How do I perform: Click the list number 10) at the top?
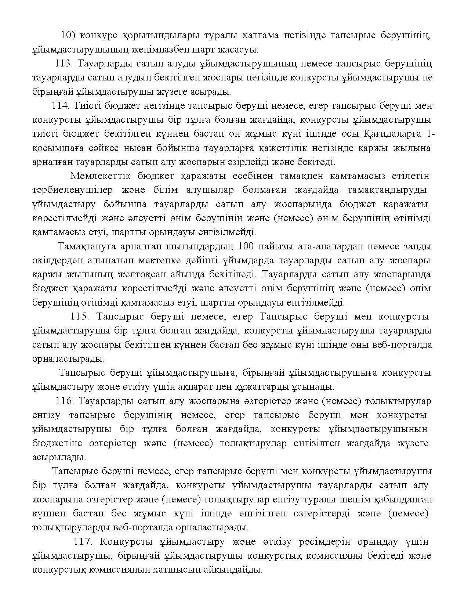68,35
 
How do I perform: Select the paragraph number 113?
65,64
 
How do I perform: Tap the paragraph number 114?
61,106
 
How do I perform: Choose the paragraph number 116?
65,401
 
